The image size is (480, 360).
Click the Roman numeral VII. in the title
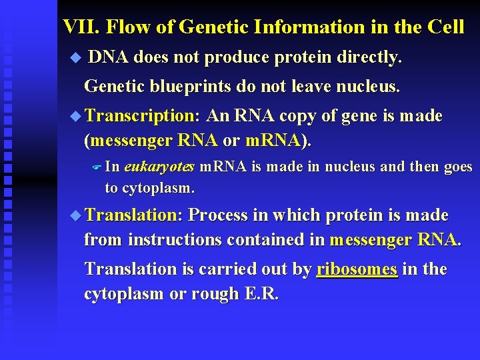click(81, 27)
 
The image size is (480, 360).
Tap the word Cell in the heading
click(445, 27)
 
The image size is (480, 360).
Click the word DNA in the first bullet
click(109, 58)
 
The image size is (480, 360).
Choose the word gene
click(359, 116)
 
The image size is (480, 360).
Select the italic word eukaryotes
click(159, 167)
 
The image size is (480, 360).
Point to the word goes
click(457, 167)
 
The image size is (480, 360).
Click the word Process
click(219, 215)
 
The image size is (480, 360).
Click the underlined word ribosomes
click(357, 269)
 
